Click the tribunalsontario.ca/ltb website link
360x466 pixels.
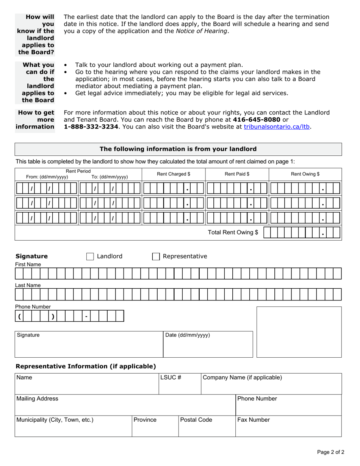coord(277,127)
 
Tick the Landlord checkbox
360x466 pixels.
coord(90,256)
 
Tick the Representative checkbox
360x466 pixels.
coord(156,256)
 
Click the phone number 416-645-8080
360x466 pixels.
coord(257,120)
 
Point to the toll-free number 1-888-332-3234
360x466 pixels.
coord(91,127)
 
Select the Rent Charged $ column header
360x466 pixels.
coord(174,174)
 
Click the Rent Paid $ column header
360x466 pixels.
coord(237,174)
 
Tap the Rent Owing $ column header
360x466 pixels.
coord(305,174)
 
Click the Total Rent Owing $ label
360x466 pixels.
coord(233,232)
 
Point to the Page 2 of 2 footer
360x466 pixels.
coord(330,452)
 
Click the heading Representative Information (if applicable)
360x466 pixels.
coord(86,366)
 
